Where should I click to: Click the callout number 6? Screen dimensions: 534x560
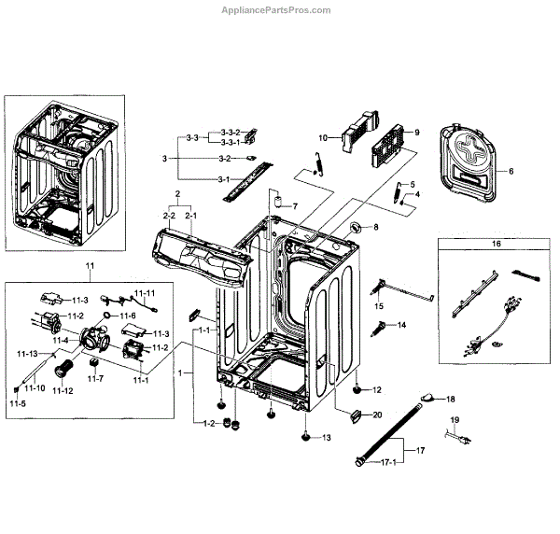[x=511, y=172]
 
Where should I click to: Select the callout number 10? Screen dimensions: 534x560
[x=322, y=137]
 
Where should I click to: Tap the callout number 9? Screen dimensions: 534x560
[x=417, y=132]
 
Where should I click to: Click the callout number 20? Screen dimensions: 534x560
[x=378, y=415]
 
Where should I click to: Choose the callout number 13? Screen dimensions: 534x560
[x=326, y=438]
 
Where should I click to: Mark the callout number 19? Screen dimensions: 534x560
[x=455, y=421]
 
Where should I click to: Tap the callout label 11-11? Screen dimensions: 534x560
[x=149, y=294]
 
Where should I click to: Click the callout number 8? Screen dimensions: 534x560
[x=376, y=227]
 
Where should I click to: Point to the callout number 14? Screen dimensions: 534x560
[x=402, y=325]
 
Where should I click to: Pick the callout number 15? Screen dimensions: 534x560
[x=380, y=306]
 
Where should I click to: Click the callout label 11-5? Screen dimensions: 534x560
[x=18, y=402]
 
